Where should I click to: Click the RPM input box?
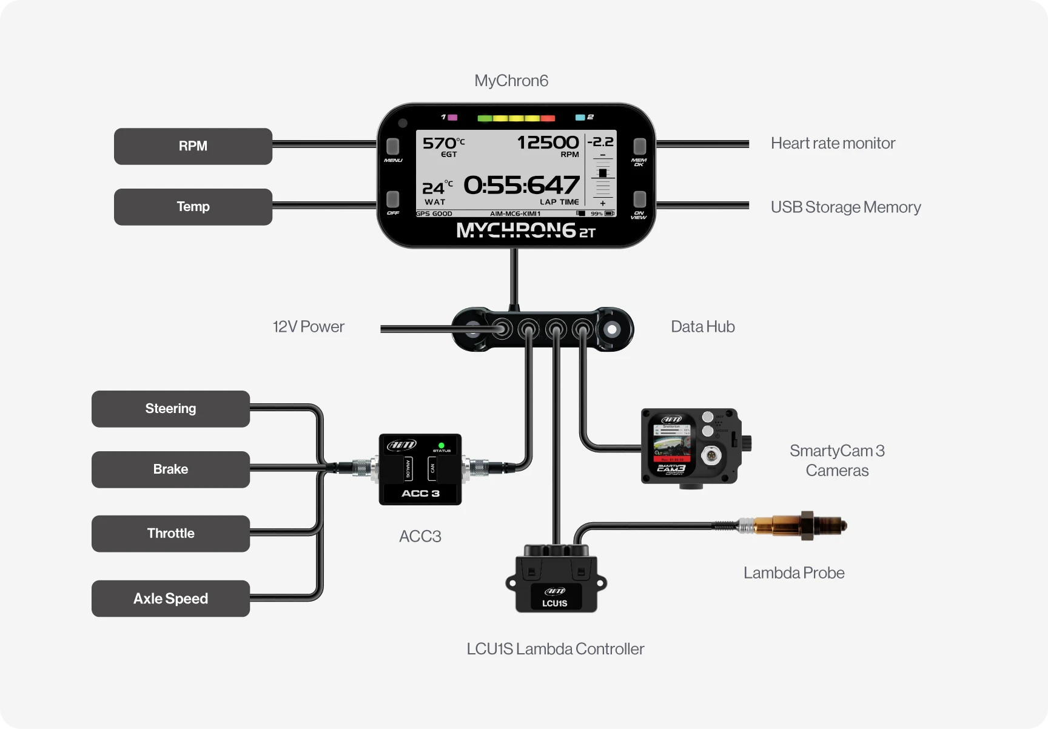(x=193, y=146)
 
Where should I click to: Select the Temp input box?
(x=193, y=207)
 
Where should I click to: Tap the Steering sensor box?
(x=170, y=409)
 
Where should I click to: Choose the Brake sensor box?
(x=170, y=469)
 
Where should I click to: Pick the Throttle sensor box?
(x=170, y=534)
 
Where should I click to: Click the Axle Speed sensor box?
(x=170, y=599)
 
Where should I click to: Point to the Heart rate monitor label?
(x=833, y=143)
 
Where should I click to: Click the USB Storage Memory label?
(x=845, y=207)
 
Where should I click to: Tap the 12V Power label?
(x=308, y=327)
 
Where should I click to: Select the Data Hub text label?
(x=702, y=327)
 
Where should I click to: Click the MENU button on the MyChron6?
(x=393, y=147)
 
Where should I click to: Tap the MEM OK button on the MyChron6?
(x=639, y=147)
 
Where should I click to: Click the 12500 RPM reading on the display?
(x=548, y=143)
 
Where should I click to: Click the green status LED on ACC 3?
(x=442, y=445)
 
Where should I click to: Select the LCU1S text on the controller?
(x=554, y=603)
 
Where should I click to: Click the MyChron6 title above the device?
(x=511, y=81)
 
